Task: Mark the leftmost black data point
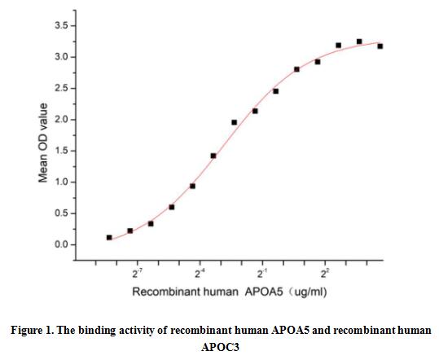tap(109, 238)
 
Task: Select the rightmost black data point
tap(380, 46)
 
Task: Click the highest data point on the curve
tap(359, 42)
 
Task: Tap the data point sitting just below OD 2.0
tap(235, 123)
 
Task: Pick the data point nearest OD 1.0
tap(192, 186)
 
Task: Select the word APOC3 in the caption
tap(220, 345)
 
